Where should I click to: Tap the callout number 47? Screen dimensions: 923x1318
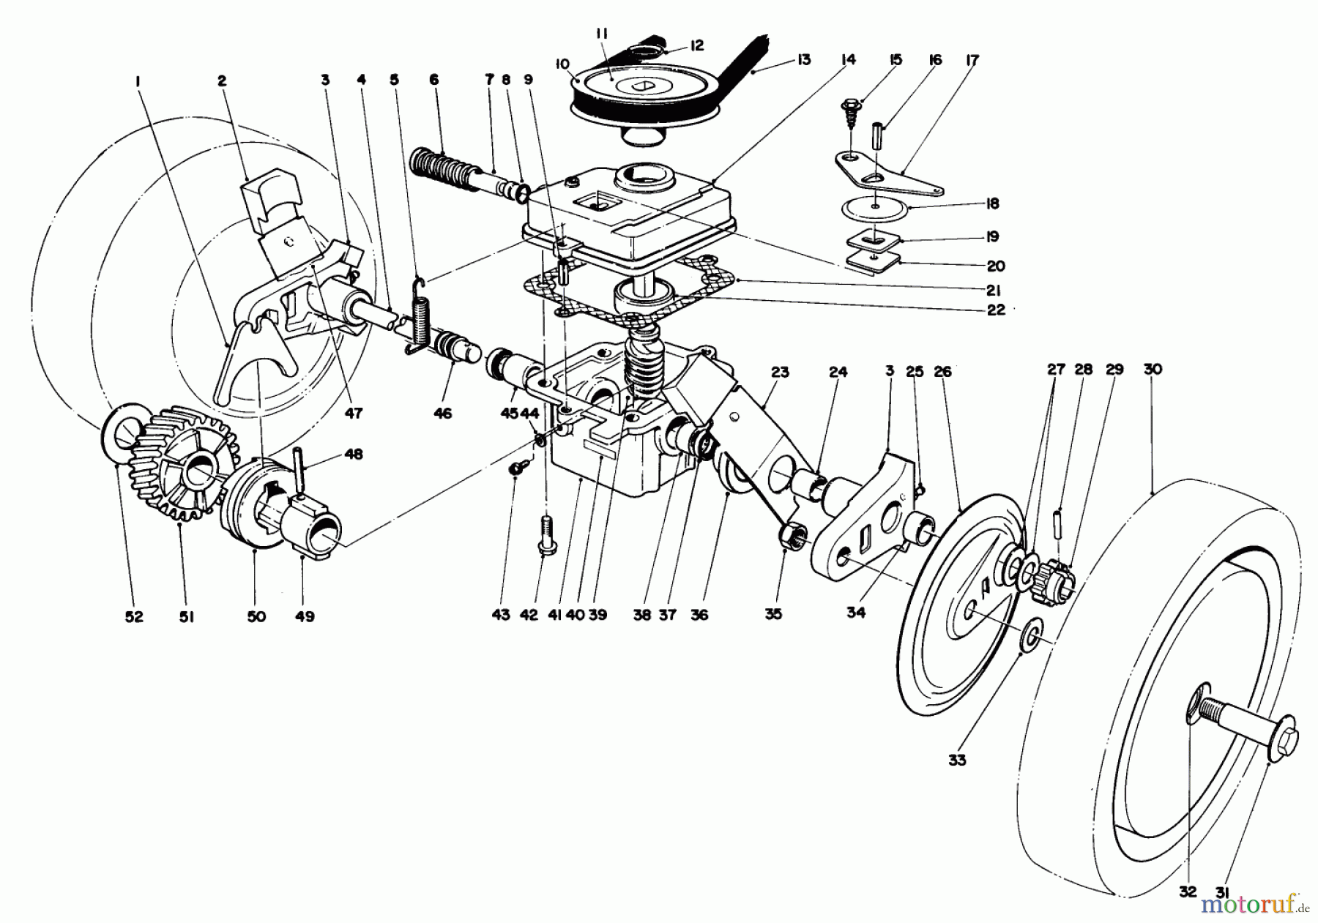point(354,414)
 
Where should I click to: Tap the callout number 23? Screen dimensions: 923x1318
point(779,373)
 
